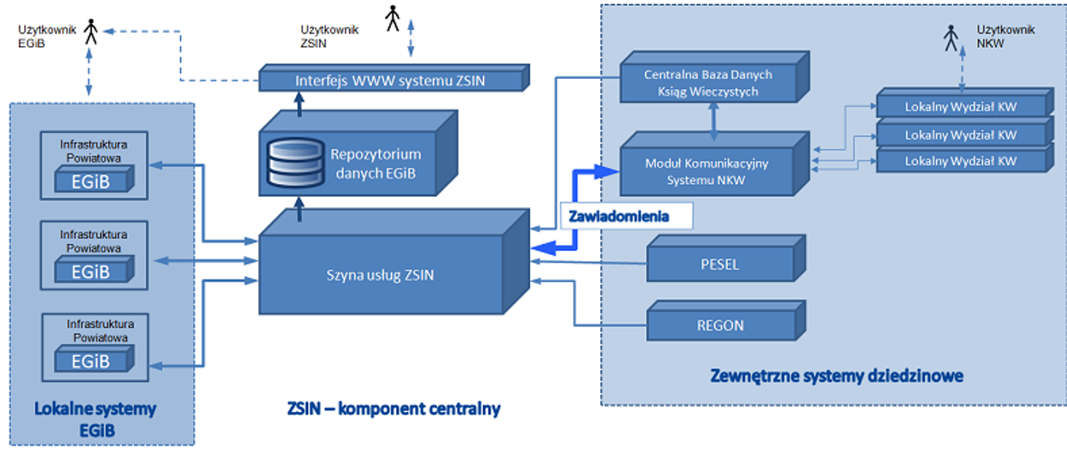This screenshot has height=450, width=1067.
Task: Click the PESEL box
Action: point(720,264)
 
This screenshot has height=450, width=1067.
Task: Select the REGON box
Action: point(720,326)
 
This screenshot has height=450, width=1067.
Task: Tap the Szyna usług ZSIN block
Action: point(380,275)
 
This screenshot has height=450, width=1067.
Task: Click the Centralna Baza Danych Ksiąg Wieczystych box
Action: point(707,83)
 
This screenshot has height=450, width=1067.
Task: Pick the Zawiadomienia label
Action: point(619,216)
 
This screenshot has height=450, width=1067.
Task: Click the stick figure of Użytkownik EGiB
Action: point(91,31)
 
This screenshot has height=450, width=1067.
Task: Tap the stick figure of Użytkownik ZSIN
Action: point(393,18)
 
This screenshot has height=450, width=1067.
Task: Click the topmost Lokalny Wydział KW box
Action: point(960,107)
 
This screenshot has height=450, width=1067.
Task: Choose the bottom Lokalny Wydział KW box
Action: point(960,161)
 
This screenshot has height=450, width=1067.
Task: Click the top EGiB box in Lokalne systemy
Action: point(91,182)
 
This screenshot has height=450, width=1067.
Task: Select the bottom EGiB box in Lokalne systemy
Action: point(91,361)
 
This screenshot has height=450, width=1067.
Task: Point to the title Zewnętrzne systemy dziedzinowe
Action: point(836,376)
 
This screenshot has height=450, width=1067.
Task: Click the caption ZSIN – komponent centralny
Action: point(393,408)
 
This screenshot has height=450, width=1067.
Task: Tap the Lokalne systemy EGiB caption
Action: point(96,419)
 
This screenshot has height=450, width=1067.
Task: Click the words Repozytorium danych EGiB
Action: point(376,164)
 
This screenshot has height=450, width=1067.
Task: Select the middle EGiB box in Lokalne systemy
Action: point(91,272)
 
